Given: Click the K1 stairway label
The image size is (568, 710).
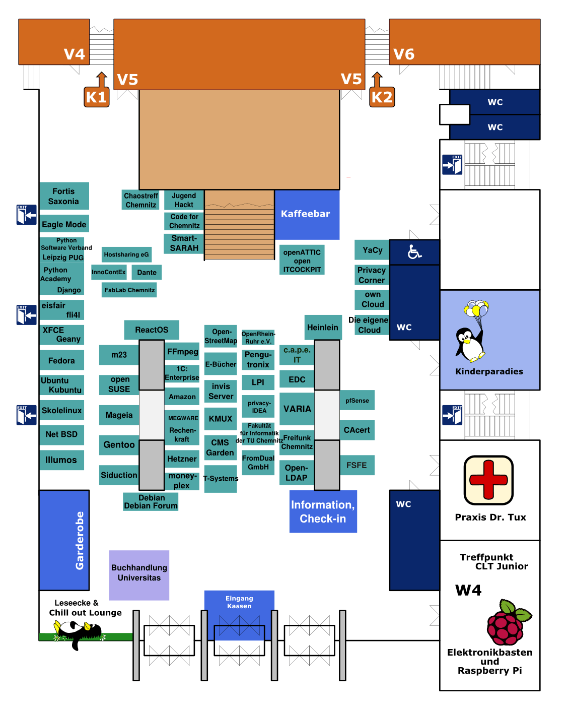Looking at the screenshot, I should pos(96,97).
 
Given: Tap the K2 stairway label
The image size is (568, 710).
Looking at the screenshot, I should pos(382,97).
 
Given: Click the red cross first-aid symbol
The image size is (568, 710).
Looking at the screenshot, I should pos(488,480).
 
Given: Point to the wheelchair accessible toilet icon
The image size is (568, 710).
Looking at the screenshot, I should pos(414,252).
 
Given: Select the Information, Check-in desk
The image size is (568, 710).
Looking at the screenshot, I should pos(323,511).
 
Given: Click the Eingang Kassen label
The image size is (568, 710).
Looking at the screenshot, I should pos(239,602).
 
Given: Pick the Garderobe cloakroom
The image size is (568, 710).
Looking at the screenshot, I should pos(64,540).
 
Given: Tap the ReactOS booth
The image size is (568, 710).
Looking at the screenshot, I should pos(152,330).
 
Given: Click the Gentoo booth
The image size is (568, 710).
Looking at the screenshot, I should pos(119,445).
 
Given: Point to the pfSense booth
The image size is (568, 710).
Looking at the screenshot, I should pos(357,401).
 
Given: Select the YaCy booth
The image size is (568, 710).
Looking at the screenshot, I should pos(372,250).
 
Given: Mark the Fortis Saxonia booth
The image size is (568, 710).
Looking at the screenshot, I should pos(64,196).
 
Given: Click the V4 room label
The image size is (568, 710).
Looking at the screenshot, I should pos(74,54).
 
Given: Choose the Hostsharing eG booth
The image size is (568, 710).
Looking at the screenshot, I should pos(126,254).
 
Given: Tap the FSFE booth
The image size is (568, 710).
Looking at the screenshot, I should pos(357,465).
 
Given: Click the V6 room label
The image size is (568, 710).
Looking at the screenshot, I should pos(404,54).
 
